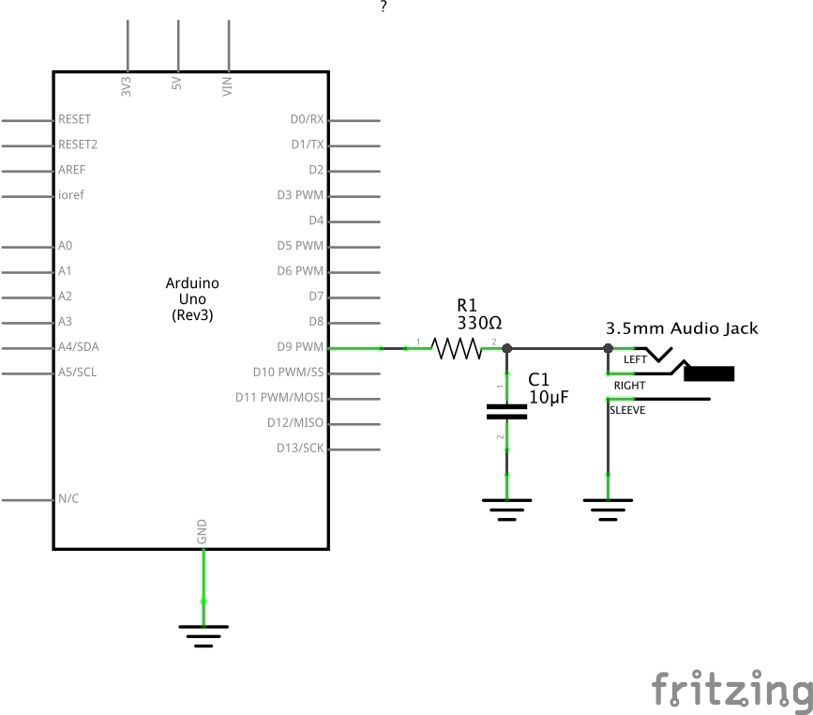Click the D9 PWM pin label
click(x=300, y=347)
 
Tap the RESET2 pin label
click(x=78, y=145)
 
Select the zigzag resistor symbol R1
click(x=456, y=349)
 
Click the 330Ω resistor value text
click(x=479, y=323)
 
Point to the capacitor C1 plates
click(x=507, y=410)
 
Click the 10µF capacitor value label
click(x=549, y=397)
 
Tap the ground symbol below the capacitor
click(x=507, y=508)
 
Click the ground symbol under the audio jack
click(x=608, y=508)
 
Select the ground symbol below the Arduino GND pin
click(x=203, y=634)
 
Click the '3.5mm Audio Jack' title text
click(x=682, y=328)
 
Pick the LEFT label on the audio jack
click(x=635, y=360)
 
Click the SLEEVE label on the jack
click(x=627, y=410)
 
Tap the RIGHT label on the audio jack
click(x=629, y=386)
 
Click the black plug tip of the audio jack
click(x=709, y=374)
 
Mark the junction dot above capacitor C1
click(x=507, y=348)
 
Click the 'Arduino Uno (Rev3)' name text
click(x=192, y=299)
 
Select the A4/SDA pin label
click(x=78, y=347)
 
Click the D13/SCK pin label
click(x=300, y=449)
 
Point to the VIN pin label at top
click(x=227, y=86)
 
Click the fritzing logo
click(x=731, y=690)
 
